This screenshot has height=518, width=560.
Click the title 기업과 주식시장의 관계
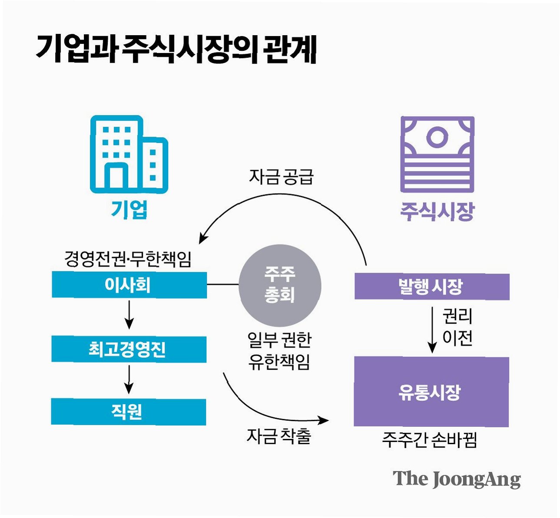pos(176,49)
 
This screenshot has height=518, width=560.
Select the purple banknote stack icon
pos(437,155)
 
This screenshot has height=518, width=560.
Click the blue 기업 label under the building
pos(129,210)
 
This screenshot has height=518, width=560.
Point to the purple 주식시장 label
pos(437,211)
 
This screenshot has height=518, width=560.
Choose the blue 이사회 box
pos(129,285)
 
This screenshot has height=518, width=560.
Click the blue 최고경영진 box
pos(129,349)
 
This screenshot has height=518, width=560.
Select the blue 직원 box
pos(129,412)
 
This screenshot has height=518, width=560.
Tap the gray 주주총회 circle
pos(280,285)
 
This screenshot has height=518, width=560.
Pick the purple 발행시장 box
pos(432,286)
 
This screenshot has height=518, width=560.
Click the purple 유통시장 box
pos(431,392)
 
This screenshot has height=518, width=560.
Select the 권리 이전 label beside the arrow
pos(457,327)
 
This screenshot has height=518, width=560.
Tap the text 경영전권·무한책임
pos(128,259)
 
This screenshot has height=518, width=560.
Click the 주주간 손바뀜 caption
pos(429,440)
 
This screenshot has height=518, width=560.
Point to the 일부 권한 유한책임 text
pos(279,351)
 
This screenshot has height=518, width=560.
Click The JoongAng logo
pos(457,479)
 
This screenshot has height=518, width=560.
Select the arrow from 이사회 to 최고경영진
pos(129,314)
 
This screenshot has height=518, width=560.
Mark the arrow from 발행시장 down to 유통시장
pos(432,330)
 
